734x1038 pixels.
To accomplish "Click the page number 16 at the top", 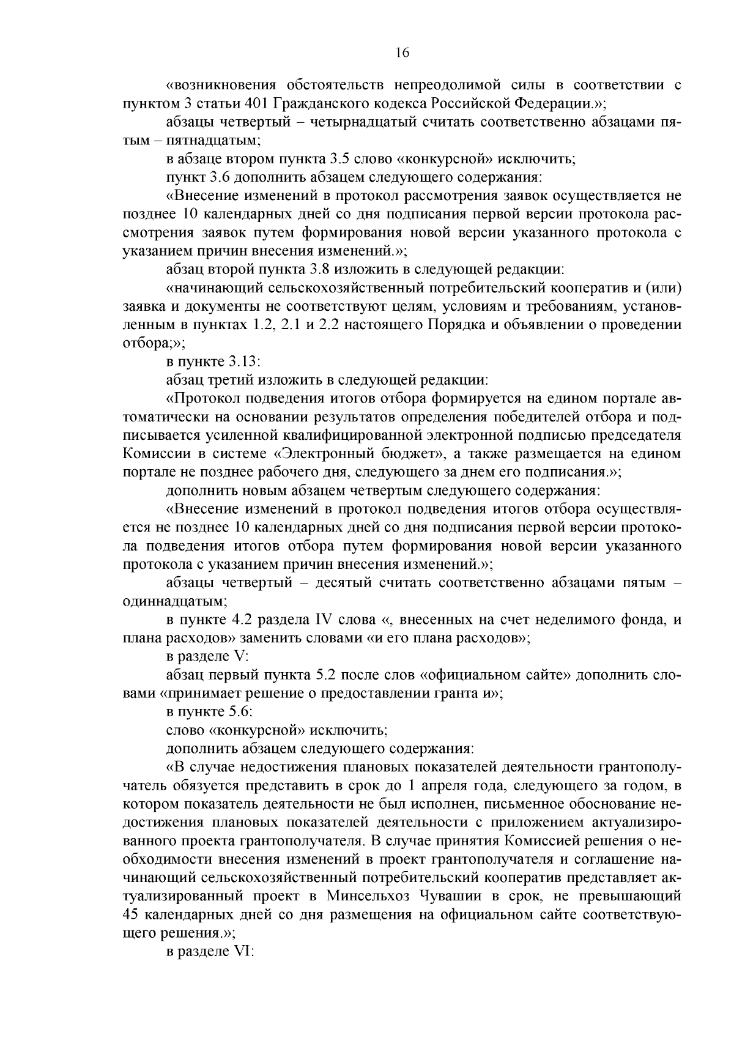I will coord(402,53).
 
